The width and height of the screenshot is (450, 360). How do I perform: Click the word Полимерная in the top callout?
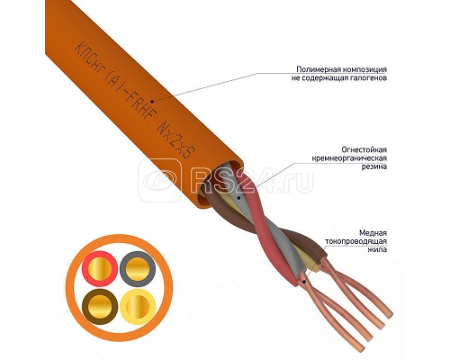click(x=315, y=69)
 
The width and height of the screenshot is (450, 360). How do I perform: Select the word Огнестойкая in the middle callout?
click(x=364, y=149)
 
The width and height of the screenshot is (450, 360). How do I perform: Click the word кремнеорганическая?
click(x=349, y=157)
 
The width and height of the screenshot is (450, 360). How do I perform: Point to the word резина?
click(x=374, y=166)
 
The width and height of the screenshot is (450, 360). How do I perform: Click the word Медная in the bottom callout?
click(x=373, y=233)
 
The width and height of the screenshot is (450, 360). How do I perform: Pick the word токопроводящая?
click(x=356, y=241)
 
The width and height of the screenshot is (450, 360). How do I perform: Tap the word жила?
click(x=377, y=249)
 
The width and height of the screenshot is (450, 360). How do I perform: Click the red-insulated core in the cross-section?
click(x=100, y=267)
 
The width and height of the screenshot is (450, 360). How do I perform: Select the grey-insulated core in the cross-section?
click(x=138, y=268)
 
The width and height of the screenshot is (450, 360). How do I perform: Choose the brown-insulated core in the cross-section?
click(x=100, y=307)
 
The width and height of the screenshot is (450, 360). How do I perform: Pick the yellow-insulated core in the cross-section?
click(x=138, y=307)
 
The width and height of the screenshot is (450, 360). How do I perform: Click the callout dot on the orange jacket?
click(x=152, y=102)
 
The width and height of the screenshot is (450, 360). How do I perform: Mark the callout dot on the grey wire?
click(x=238, y=197)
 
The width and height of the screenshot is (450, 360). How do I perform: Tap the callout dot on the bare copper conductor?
click(x=304, y=282)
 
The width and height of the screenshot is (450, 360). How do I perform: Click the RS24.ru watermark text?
click(x=252, y=181)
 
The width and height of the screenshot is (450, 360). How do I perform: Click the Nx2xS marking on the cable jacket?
click(x=176, y=140)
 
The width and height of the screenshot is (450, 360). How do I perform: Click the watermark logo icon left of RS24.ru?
click(x=159, y=181)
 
